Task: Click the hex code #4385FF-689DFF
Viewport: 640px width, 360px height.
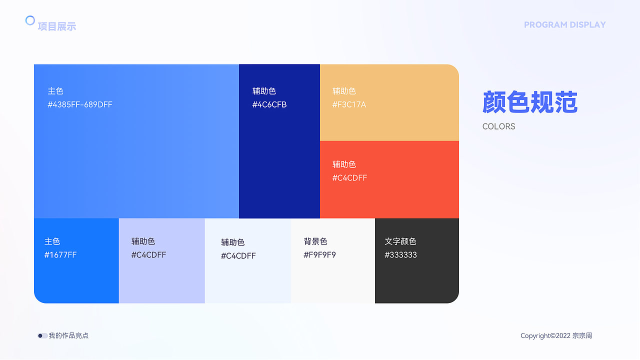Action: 80,104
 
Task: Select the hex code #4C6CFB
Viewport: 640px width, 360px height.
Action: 269,104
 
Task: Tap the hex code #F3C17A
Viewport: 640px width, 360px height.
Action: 349,104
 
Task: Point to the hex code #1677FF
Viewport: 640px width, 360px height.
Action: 60,255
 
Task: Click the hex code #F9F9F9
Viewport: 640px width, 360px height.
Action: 319,255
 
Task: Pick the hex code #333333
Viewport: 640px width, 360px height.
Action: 400,255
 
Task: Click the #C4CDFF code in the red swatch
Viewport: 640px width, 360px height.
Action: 349,178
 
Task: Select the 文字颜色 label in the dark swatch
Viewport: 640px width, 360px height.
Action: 400,241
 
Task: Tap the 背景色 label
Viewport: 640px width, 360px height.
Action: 315,241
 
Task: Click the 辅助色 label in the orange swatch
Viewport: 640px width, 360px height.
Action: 344,91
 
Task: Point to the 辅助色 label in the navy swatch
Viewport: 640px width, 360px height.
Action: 264,91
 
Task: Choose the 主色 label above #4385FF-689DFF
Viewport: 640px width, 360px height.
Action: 55,91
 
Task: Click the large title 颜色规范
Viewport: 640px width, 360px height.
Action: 530,102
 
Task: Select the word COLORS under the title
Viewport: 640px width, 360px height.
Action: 498,126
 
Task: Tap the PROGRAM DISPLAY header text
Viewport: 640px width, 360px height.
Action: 564,24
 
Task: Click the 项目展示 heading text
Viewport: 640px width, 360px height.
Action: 57,26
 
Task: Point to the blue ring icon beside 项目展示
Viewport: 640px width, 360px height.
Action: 30,20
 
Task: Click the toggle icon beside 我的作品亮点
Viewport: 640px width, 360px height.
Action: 42,336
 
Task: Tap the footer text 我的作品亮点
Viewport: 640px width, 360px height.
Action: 68,336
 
